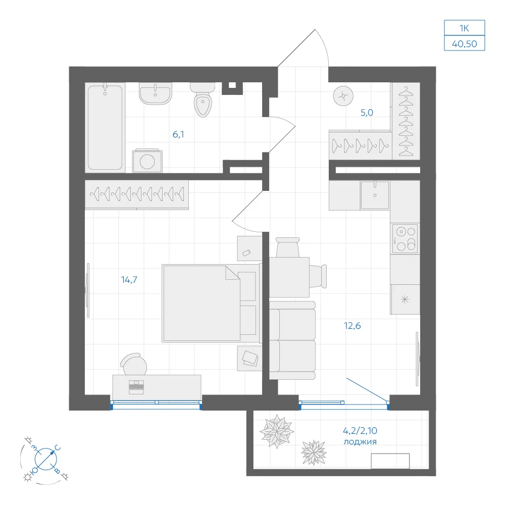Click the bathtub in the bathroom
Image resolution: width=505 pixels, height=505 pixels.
105,127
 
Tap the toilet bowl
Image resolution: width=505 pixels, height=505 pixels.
203,100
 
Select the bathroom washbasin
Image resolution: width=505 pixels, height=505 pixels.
155,93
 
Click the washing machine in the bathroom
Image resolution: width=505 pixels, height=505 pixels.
147,161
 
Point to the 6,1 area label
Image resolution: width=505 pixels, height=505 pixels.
178,134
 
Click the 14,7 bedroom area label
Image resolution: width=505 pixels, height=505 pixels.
129,280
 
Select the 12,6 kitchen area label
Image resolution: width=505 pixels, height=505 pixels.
352,326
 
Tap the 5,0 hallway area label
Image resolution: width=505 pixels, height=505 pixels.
367,113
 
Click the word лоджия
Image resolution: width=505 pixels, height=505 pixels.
360,442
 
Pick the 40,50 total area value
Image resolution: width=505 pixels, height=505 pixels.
465,44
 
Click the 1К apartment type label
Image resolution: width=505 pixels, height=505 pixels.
464,28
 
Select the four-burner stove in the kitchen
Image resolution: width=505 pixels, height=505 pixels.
405,239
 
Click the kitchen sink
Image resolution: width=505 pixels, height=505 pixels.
375,195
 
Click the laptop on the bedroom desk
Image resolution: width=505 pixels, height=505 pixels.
136,387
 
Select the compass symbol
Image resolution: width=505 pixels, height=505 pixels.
46,459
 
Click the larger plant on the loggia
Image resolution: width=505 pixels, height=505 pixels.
277,431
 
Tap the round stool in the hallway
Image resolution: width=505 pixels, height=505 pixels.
343,96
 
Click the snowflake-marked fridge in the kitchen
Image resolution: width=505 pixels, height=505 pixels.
405,299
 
